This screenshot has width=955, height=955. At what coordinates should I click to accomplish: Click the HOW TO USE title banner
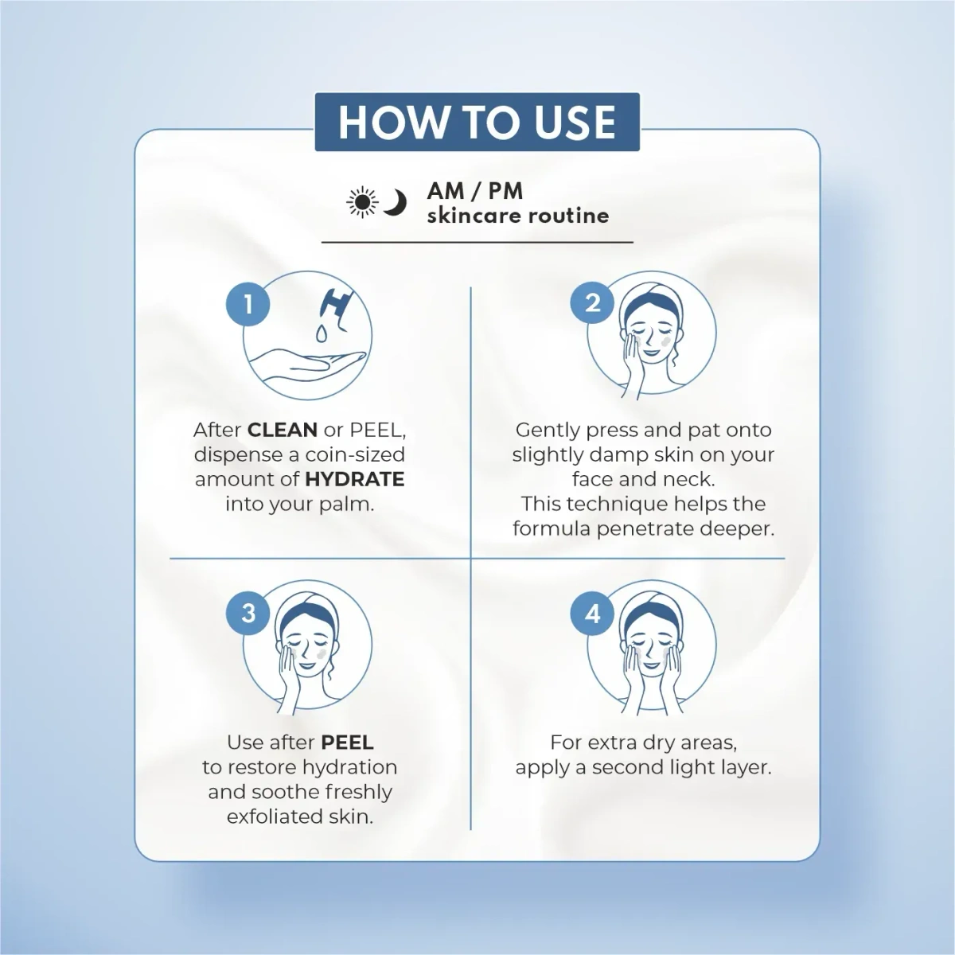[477, 122]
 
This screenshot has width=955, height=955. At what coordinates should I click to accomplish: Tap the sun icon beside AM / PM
[362, 203]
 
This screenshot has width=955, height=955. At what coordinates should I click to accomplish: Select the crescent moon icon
[395, 203]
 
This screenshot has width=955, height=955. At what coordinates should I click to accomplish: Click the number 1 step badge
[248, 304]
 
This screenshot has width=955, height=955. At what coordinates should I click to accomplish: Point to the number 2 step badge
[592, 303]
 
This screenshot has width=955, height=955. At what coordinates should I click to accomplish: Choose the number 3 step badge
[248, 614]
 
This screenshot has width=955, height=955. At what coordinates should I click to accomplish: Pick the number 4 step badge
[592, 614]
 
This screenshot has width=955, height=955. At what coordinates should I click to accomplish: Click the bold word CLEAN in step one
[283, 430]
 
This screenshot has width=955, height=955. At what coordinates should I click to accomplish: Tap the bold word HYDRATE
[355, 479]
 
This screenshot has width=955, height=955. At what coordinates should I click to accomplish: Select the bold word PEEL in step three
[347, 743]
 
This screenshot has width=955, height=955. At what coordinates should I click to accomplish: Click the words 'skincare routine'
[518, 216]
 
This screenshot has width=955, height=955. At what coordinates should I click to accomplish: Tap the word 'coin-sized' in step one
[356, 454]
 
